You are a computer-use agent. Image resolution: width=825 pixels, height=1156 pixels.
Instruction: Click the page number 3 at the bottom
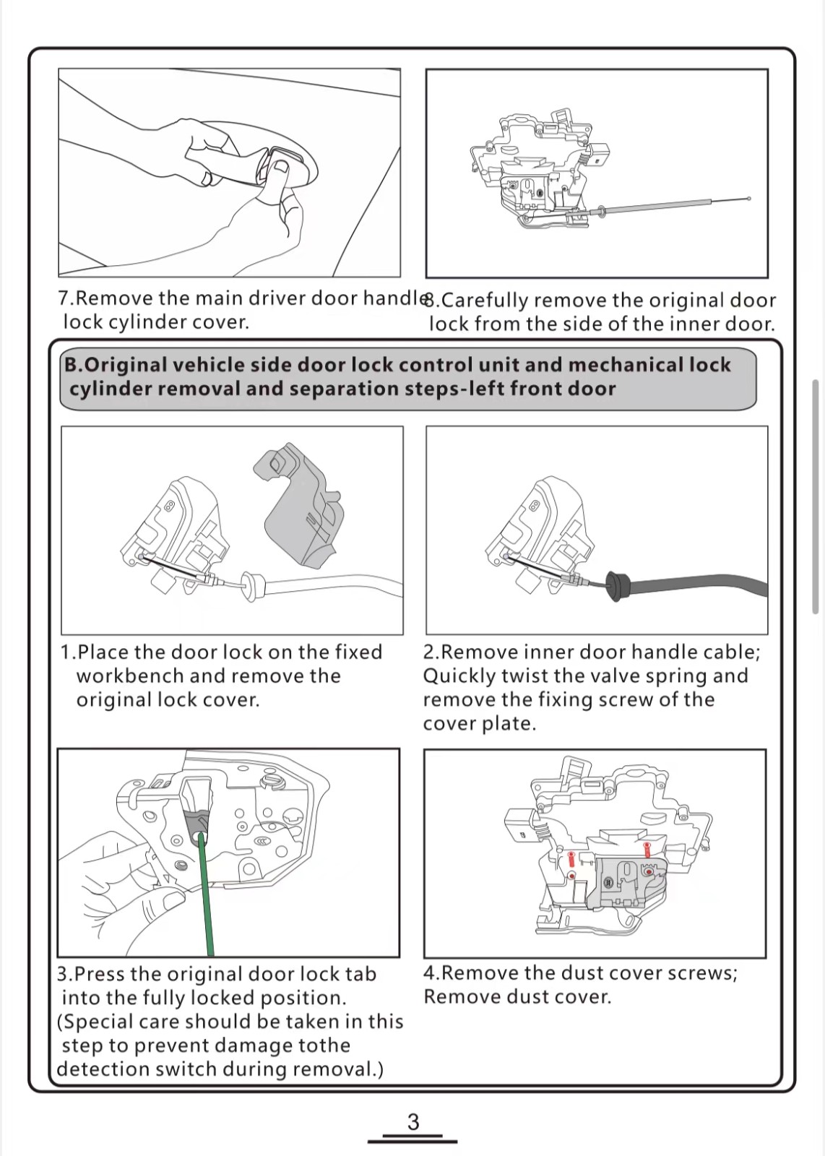[413, 1121]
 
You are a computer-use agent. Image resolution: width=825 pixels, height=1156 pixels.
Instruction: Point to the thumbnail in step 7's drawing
[280, 168]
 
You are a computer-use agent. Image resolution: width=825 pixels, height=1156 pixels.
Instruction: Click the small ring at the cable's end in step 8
[749, 199]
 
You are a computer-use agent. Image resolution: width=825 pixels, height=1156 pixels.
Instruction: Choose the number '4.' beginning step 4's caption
[431, 973]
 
